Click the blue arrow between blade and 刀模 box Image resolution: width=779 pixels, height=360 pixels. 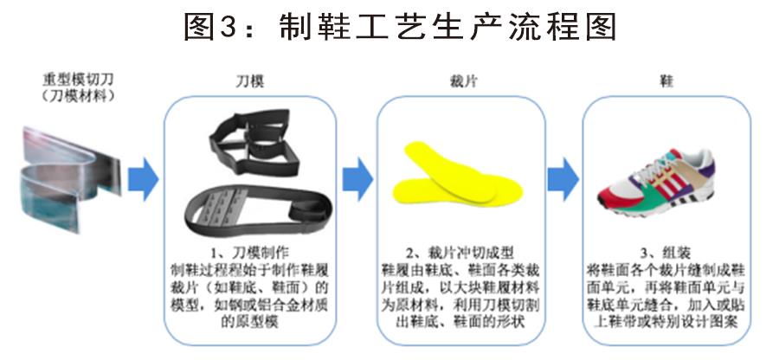pos(143,179)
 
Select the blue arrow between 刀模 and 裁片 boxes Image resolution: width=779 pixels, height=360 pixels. pos(357,179)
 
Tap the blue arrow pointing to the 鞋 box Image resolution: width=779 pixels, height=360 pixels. pos(563,179)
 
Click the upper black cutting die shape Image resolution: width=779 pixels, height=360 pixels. pos(254,142)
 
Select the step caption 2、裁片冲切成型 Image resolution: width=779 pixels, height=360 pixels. pos(460,253)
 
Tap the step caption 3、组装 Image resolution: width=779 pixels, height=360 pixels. pos(666,253)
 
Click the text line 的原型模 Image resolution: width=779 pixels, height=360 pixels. pos(249,322)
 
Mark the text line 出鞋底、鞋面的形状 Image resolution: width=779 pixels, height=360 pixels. pos(460,322)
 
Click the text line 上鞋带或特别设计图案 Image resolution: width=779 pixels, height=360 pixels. pos(666,322)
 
